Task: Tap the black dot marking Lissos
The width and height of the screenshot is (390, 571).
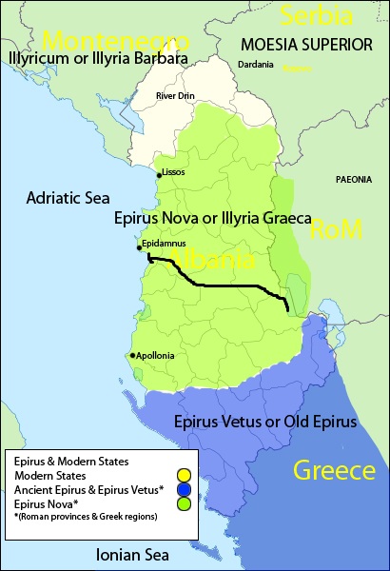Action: (x=159, y=175)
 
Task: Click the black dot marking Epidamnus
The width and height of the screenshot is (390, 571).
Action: (x=140, y=247)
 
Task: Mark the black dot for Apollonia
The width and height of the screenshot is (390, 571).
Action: (x=132, y=356)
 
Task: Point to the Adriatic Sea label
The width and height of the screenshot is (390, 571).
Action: (x=63, y=198)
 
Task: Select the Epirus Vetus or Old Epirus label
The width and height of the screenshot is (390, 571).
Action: (x=265, y=421)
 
